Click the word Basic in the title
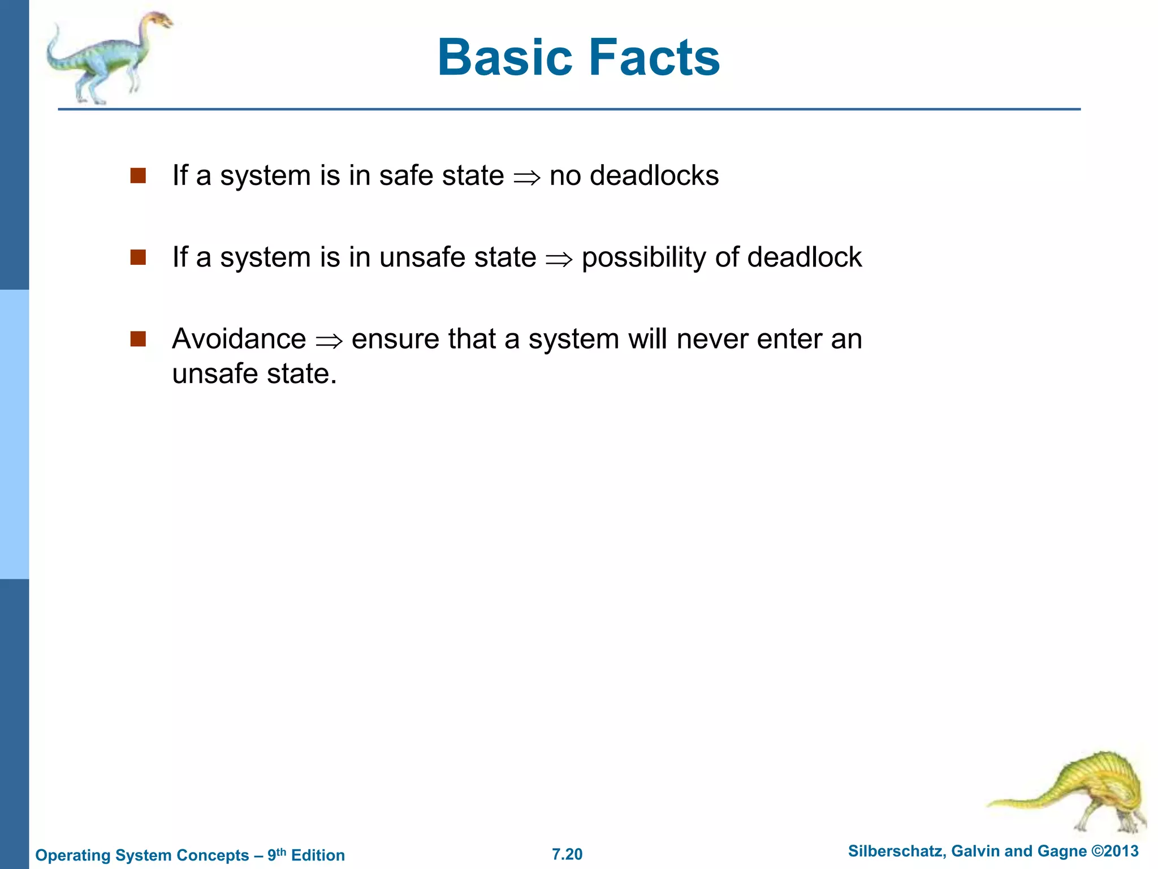506,58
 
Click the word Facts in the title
655,58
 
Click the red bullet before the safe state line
138,176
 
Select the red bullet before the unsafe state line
138,257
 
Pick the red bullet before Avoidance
138,339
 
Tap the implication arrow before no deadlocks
526,178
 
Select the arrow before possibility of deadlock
559,260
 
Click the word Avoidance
239,339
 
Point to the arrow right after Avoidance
329,341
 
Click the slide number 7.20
567,854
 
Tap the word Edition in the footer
318,855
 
